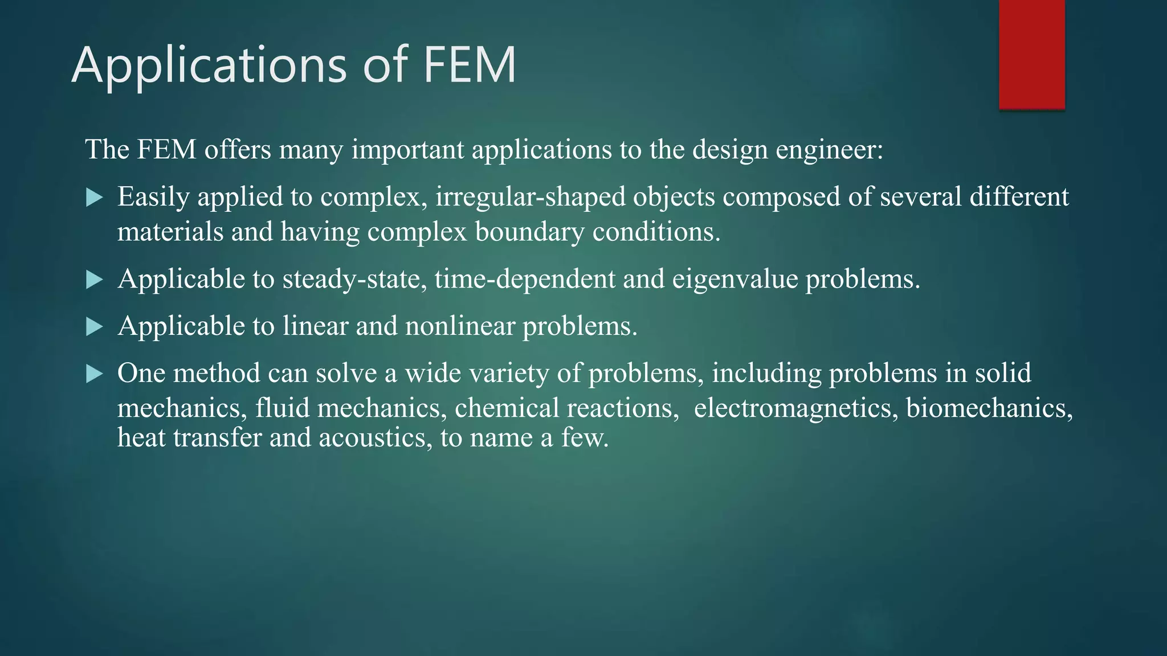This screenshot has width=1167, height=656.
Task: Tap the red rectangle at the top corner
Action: click(1031, 54)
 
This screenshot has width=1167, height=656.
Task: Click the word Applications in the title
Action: click(209, 65)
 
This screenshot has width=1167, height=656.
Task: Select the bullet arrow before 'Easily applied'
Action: click(94, 198)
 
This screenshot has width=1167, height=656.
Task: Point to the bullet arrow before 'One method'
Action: click(94, 374)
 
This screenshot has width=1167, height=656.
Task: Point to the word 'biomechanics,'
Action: click(989, 408)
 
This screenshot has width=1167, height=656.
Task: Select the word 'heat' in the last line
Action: click(141, 438)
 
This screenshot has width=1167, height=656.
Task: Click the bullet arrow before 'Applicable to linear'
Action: click(94, 327)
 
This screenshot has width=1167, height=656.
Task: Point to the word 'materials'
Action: click(170, 232)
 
